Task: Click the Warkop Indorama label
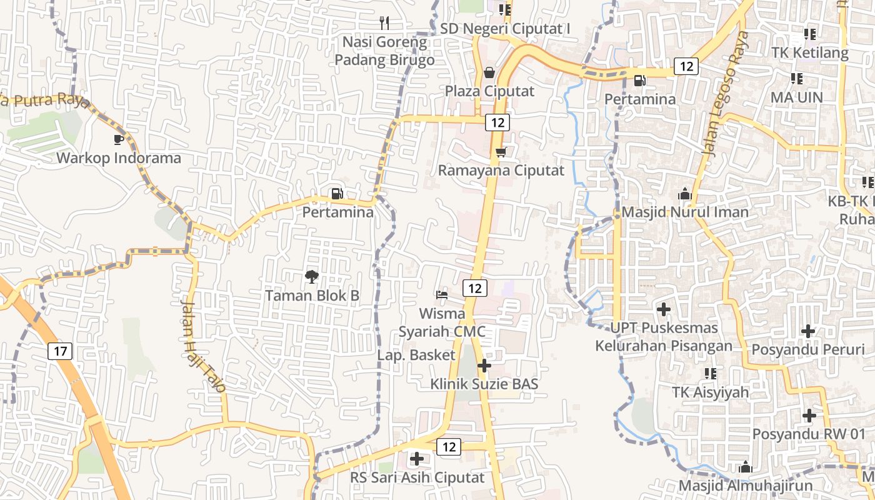(119, 158)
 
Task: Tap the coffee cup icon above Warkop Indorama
(119, 139)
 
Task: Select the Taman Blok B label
(312, 296)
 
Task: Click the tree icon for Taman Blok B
(311, 276)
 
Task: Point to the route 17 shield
(60, 351)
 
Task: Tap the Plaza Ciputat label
(489, 91)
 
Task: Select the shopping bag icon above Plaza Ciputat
(489, 73)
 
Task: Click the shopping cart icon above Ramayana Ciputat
(500, 152)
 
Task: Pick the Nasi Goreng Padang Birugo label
(384, 51)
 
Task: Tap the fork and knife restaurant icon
(384, 23)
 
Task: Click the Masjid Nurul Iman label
(685, 212)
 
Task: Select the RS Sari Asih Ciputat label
(417, 478)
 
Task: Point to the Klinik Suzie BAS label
(484, 384)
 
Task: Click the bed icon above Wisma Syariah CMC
(442, 294)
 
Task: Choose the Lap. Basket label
(416, 355)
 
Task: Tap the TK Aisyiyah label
(710, 392)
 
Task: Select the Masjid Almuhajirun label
(746, 486)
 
